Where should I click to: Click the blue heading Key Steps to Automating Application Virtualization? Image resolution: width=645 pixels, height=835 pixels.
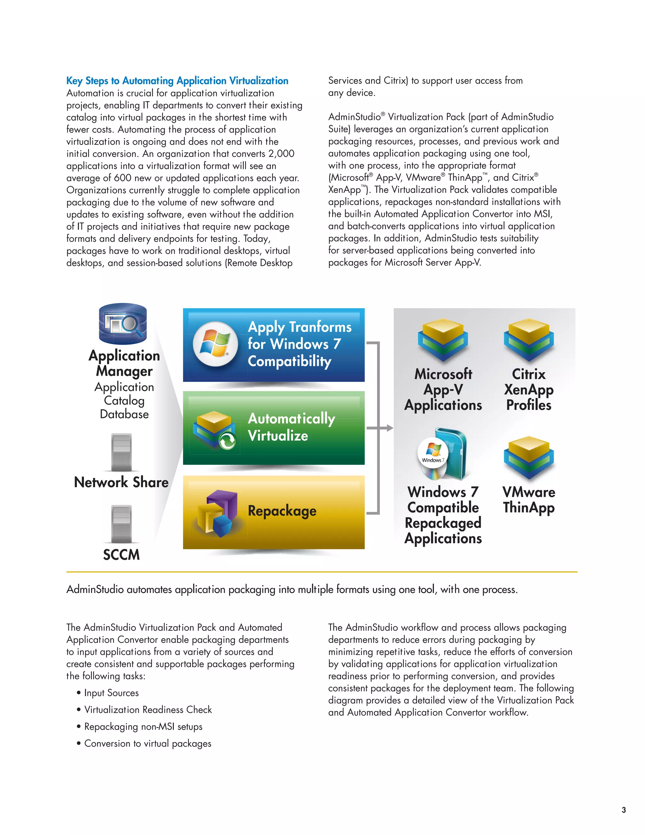point(177,81)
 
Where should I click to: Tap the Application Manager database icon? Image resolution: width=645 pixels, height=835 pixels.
point(123,324)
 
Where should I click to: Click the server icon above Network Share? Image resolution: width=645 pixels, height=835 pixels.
point(121,452)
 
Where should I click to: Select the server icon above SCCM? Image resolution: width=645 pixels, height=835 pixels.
point(121,524)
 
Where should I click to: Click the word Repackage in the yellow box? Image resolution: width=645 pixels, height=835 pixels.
point(282,511)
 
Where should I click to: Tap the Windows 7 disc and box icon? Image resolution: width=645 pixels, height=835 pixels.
point(443,455)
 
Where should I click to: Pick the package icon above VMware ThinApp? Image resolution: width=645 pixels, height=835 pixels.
point(528,458)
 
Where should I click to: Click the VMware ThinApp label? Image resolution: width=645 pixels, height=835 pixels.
point(528,500)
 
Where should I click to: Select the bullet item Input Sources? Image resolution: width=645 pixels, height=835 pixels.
point(111,693)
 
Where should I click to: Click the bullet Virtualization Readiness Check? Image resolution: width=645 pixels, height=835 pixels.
point(148,710)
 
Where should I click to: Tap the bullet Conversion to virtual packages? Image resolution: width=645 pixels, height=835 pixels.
point(147,743)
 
